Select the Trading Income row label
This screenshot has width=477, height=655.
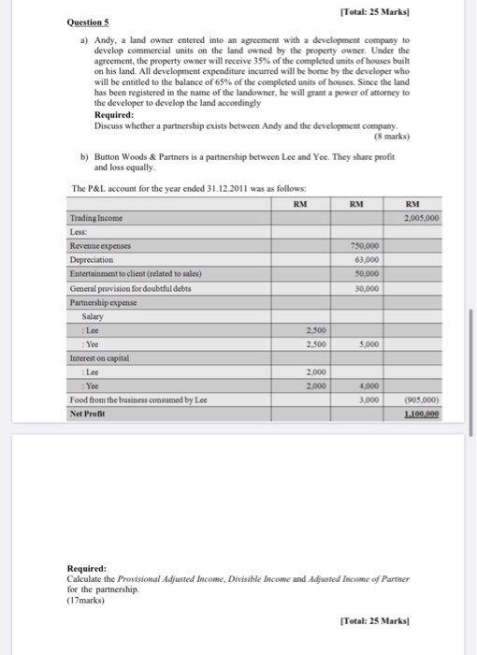pyautogui.click(x=96, y=218)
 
